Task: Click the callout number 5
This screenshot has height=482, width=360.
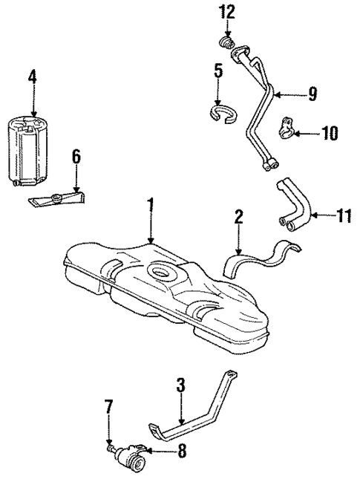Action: pos(217,72)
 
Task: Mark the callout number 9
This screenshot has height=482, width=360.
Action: pos(312,94)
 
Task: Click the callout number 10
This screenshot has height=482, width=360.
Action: pos(329,133)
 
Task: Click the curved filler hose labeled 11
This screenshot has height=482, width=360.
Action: pos(289,200)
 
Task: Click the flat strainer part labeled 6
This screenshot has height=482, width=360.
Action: pos(59,199)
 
